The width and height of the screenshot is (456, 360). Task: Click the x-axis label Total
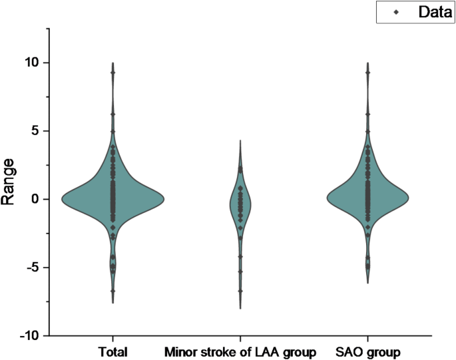coord(113,351)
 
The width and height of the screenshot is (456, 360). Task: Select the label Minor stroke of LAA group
coord(240,351)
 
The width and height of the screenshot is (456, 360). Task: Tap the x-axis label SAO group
coord(367,351)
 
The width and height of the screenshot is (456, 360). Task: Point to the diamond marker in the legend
coord(396,12)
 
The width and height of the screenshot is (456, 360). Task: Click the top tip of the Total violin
coord(113,63)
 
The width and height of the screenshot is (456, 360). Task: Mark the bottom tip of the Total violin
coord(113,303)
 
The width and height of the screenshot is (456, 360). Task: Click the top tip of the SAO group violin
coord(367,63)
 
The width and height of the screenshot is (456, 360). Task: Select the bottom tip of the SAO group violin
coord(367,283)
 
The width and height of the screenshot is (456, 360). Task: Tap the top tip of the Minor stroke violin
coord(240,140)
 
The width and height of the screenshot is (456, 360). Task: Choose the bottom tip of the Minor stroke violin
coord(240,308)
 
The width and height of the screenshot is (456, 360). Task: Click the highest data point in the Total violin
coord(113,73)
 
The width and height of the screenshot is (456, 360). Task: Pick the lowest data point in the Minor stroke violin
coord(240,291)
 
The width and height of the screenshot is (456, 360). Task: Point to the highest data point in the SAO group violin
coord(367,73)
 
